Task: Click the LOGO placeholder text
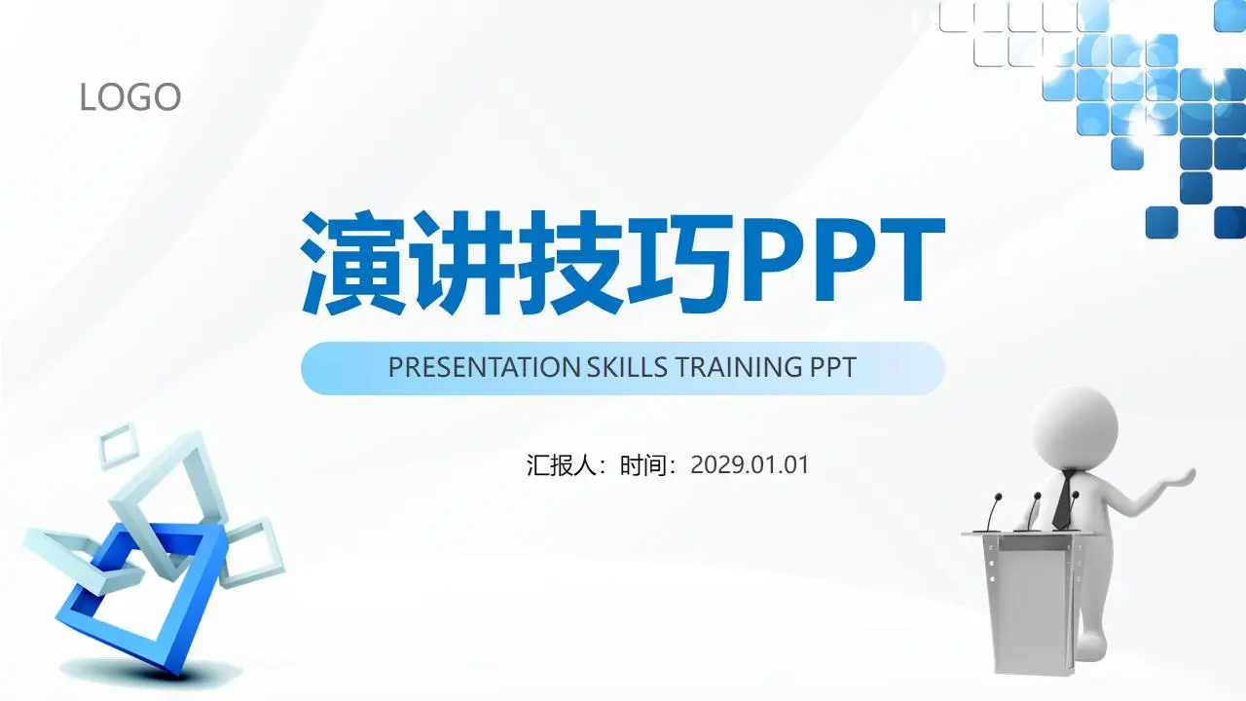coord(130,96)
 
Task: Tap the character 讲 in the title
coord(461,263)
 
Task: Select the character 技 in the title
coord(569,263)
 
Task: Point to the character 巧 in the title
coord(678,263)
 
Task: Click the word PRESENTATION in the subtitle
coord(484,368)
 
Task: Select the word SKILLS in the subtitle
coord(628,368)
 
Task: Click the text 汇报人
coord(561,465)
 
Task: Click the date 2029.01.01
coord(750,465)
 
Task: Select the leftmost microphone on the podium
coord(992,512)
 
